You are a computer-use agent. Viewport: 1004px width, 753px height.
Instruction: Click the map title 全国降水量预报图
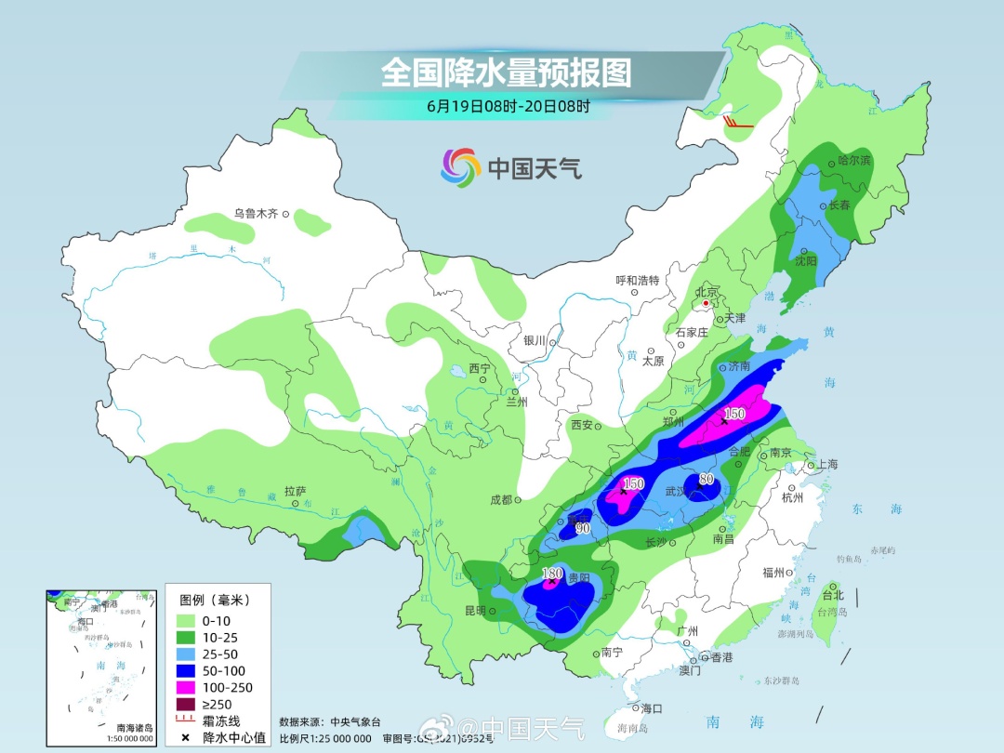pyautogui.click(x=506, y=72)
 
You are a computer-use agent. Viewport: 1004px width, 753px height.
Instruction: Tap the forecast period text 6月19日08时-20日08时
pyautogui.click(x=508, y=106)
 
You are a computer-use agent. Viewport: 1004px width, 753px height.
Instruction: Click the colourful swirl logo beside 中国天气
pyautogui.click(x=459, y=167)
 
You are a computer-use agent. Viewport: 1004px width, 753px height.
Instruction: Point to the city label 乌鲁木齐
pyautogui.click(x=256, y=214)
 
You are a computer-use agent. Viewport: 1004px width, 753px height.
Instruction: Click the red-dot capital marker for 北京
pyautogui.click(x=707, y=303)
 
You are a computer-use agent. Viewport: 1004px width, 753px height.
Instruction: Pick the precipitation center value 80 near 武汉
pyautogui.click(x=707, y=480)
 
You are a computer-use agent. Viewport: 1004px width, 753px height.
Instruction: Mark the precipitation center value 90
pyautogui.click(x=583, y=528)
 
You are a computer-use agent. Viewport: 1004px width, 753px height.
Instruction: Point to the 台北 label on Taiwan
pyautogui.click(x=833, y=595)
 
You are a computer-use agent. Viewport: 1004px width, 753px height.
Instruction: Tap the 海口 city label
pyautogui.click(x=652, y=708)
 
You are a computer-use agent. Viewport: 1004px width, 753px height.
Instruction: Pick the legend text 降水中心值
pyautogui.click(x=235, y=737)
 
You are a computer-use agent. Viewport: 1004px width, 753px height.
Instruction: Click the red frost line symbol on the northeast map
pyautogui.click(x=738, y=121)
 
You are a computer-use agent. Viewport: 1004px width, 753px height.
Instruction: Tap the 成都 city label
pyautogui.click(x=500, y=499)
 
